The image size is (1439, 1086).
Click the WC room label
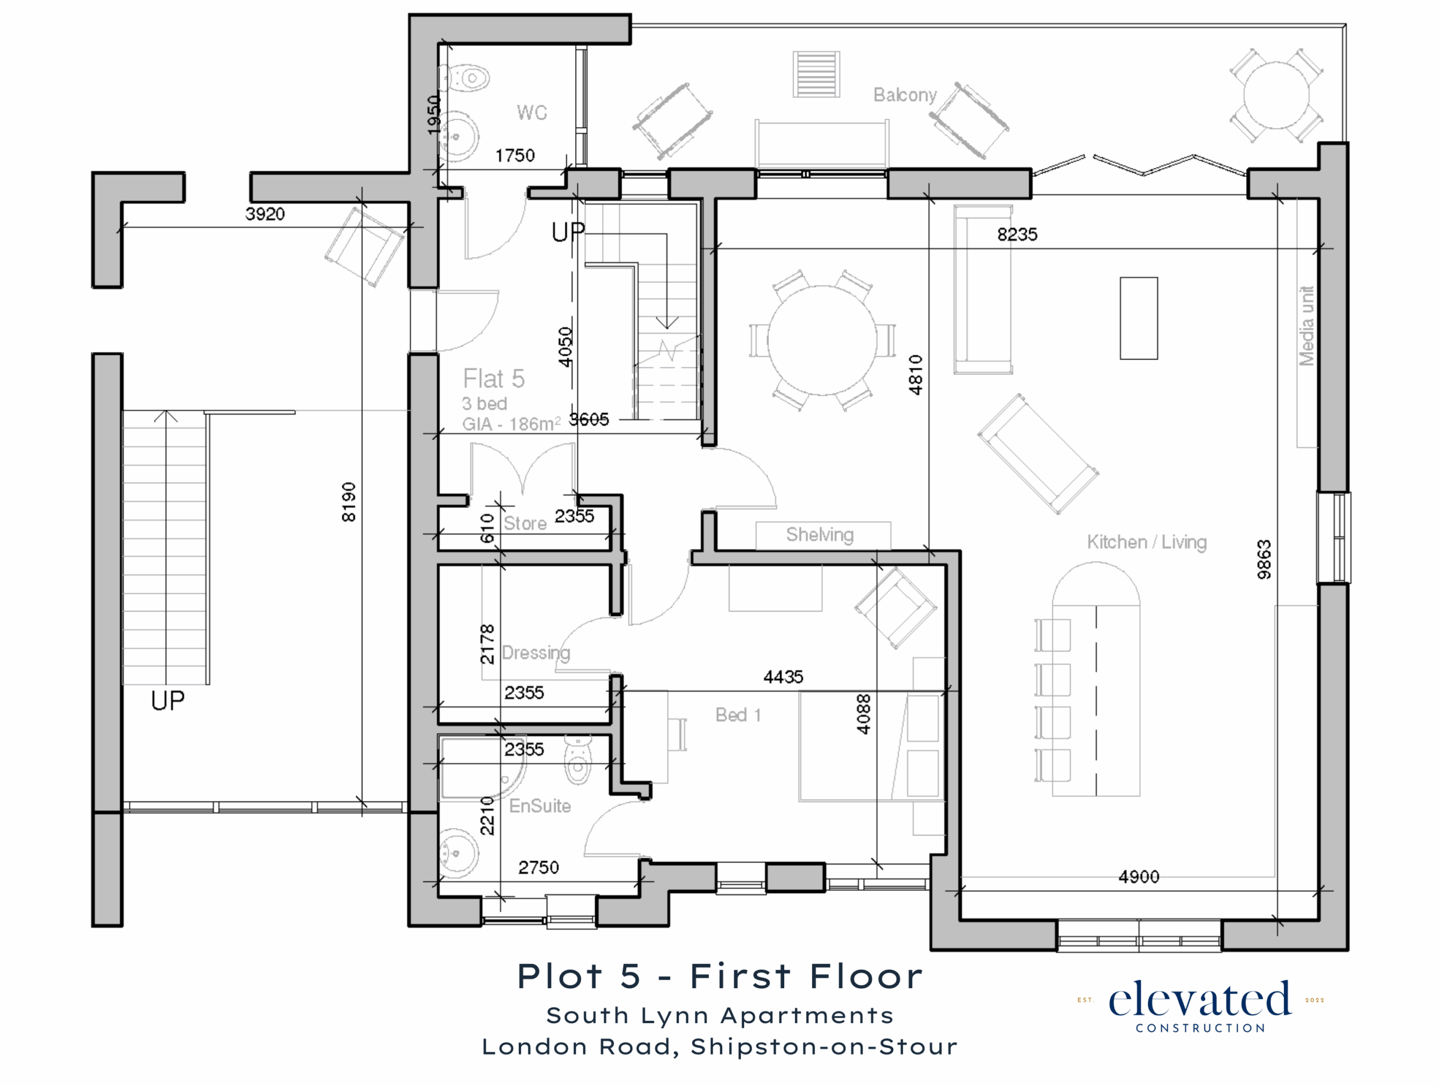pyautogui.click(x=532, y=112)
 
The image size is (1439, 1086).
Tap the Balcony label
pyautogui.click(x=905, y=95)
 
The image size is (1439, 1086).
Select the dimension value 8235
pyautogui.click(x=1017, y=234)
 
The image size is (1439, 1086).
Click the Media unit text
pyautogui.click(x=1306, y=325)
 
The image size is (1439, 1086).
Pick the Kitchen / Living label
pyautogui.click(x=1147, y=542)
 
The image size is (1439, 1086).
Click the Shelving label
pyautogui.click(x=820, y=535)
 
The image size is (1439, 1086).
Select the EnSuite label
pyautogui.click(x=540, y=806)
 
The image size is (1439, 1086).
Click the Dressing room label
pyautogui.click(x=536, y=653)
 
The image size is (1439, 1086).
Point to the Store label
pyautogui.click(x=525, y=523)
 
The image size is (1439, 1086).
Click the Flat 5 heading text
pyautogui.click(x=494, y=379)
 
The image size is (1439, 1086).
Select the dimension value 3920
pyautogui.click(x=265, y=214)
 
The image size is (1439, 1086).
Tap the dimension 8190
pyautogui.click(x=349, y=501)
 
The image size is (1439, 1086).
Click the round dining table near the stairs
pyautogui.click(x=822, y=340)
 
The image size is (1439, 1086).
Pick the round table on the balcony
pyautogui.click(x=1277, y=96)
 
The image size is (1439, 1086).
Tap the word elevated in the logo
pyautogui.click(x=1200, y=1000)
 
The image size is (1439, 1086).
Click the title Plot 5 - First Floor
pyautogui.click(x=720, y=977)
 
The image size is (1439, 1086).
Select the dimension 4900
pyautogui.click(x=1138, y=877)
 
